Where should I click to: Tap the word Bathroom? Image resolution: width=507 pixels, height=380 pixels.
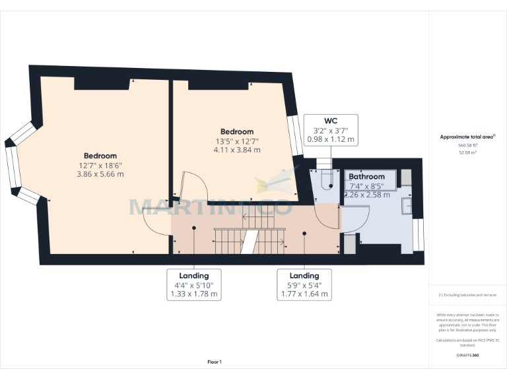pyautogui.click(x=366, y=177)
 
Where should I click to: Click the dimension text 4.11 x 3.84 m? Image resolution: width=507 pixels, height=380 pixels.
pyautogui.click(x=236, y=150)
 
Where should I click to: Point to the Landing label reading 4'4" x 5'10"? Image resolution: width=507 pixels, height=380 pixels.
pyautogui.click(x=193, y=285)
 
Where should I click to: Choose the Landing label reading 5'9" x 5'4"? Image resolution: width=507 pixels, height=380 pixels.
pyautogui.click(x=304, y=285)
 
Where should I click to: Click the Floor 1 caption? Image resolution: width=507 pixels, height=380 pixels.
pyautogui.click(x=215, y=362)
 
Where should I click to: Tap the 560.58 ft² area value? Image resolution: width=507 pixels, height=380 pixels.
pyautogui.click(x=467, y=145)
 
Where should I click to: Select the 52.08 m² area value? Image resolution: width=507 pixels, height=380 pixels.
pyautogui.click(x=467, y=152)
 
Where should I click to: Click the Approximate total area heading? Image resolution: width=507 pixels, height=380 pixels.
pyautogui.click(x=467, y=137)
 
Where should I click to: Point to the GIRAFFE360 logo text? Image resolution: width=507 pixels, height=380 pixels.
pyautogui.click(x=467, y=355)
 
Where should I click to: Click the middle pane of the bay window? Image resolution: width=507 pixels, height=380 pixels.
pyautogui.click(x=11, y=165)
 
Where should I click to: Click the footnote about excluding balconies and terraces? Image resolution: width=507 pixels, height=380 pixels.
pyautogui.click(x=467, y=295)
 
